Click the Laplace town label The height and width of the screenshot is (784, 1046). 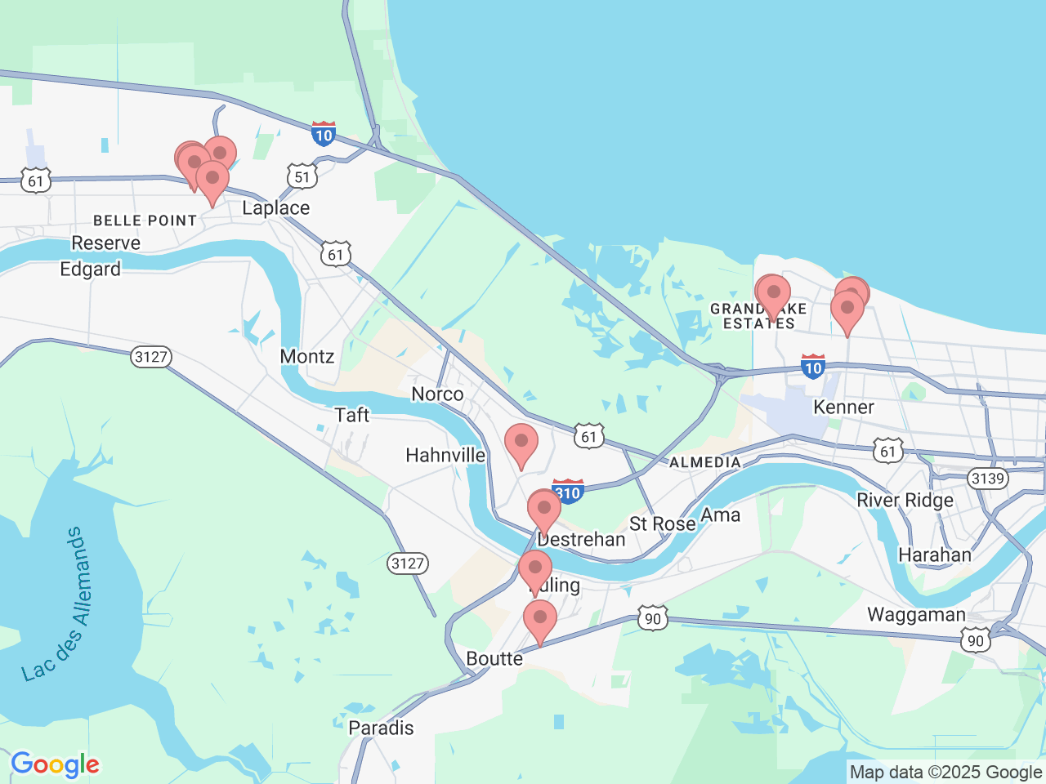[x=275, y=208]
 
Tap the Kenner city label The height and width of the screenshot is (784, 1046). [x=843, y=407]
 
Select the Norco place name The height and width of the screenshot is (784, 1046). [x=437, y=394]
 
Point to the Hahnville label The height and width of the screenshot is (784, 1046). [x=445, y=455]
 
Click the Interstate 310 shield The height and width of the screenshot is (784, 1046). [x=568, y=492]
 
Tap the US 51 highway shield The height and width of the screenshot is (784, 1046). [x=302, y=176]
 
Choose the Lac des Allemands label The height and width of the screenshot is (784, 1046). [x=54, y=604]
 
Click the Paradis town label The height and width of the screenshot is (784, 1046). [x=381, y=728]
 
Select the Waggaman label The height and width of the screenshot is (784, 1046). [x=916, y=615]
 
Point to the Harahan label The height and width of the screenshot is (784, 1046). [x=934, y=555]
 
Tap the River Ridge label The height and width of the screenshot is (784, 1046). [x=905, y=501]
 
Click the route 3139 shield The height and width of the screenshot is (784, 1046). [x=987, y=478]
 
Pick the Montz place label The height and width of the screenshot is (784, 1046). [x=307, y=356]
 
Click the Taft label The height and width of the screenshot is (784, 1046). [x=352, y=415]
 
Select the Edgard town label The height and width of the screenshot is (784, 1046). [x=90, y=269]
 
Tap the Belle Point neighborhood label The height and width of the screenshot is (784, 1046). [x=145, y=220]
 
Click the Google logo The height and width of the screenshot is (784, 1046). [x=55, y=765]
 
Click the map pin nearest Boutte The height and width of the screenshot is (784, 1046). [x=539, y=622]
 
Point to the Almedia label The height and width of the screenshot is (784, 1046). [x=704, y=462]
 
